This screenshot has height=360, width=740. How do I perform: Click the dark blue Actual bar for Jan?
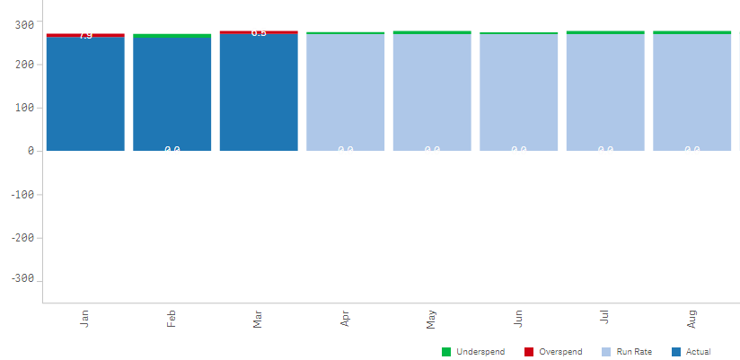point(85,94)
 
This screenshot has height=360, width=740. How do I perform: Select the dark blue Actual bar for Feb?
point(172,94)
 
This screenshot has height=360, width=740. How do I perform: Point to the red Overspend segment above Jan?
point(85,35)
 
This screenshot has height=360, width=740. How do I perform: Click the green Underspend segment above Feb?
point(172,36)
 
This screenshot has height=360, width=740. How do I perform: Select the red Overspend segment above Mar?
point(259,32)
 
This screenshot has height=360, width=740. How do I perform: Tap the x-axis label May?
point(432,319)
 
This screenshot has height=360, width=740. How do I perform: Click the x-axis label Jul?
point(605,318)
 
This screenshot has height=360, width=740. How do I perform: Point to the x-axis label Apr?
point(345,319)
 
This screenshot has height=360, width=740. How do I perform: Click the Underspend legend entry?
point(473,351)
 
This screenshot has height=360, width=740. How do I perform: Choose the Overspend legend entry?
point(553,351)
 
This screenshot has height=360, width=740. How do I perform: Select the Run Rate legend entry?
point(627,351)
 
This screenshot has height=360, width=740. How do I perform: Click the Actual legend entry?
point(691,351)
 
